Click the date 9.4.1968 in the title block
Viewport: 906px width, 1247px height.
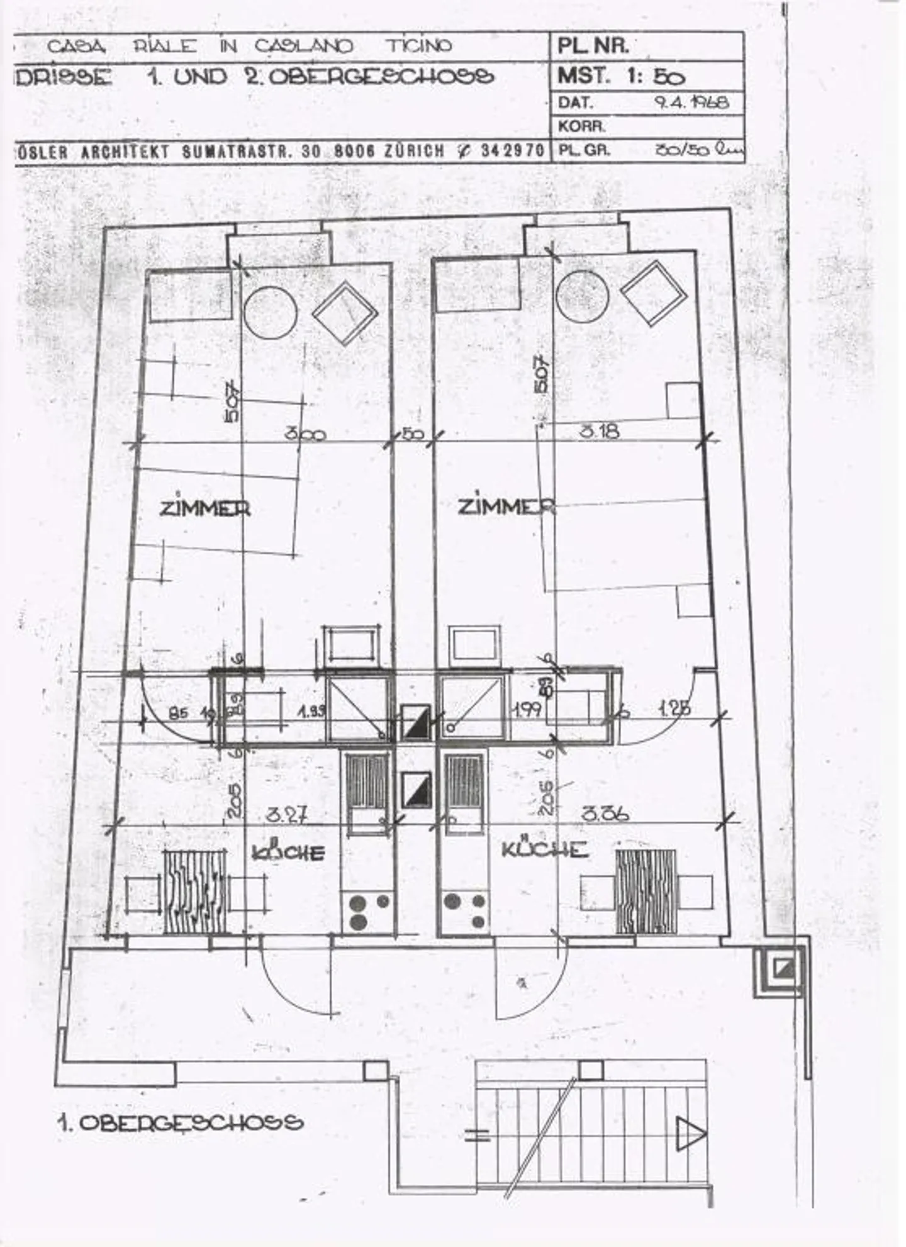click(691, 102)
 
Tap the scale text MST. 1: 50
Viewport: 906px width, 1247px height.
click(620, 76)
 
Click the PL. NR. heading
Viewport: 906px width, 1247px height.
click(592, 46)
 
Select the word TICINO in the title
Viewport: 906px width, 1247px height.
click(418, 46)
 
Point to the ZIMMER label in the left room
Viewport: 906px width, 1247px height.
click(204, 508)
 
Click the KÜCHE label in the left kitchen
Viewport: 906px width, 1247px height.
click(288, 852)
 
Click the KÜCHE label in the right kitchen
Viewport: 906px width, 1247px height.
click(544, 849)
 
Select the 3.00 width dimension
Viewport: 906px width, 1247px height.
click(305, 433)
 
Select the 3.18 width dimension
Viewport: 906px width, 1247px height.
click(599, 431)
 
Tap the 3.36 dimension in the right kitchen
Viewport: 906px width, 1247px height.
click(604, 814)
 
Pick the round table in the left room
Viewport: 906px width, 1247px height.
click(271, 313)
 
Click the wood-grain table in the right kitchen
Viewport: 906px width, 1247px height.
click(645, 892)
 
